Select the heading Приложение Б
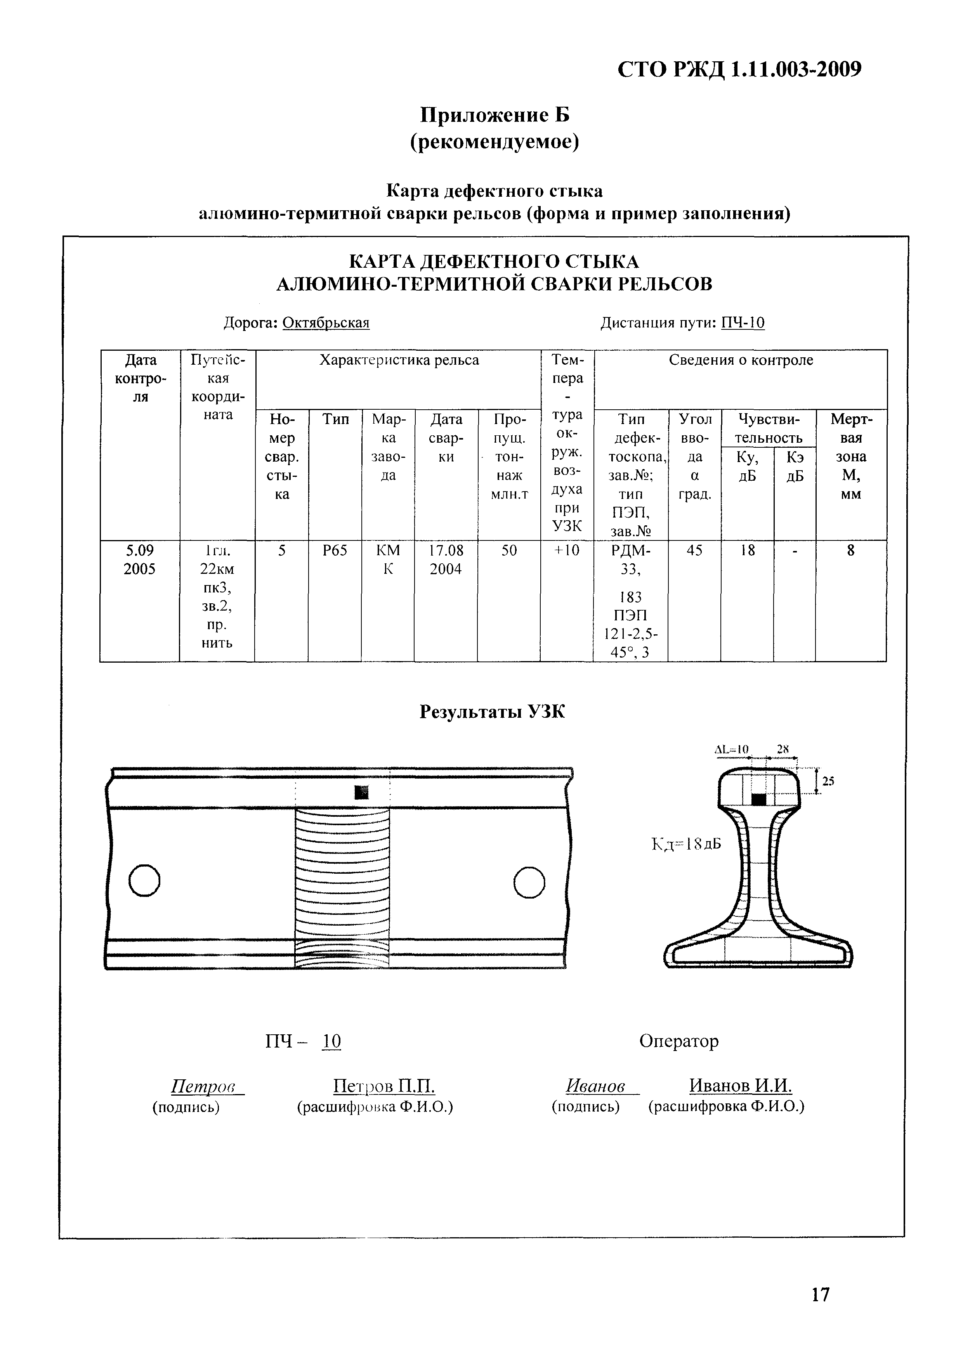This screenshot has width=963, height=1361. pyautogui.click(x=495, y=115)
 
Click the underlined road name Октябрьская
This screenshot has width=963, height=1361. pyautogui.click(x=326, y=323)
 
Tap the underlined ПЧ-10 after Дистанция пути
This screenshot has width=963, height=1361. pyautogui.click(x=743, y=323)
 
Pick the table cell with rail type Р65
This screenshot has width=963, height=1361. pyautogui.click(x=335, y=551)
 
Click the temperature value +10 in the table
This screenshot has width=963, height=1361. pyautogui.click(x=566, y=551)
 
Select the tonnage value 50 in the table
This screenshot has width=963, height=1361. pyautogui.click(x=509, y=551)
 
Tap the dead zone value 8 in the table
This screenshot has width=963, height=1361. pyautogui.click(x=850, y=551)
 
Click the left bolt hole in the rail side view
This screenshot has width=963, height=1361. pyautogui.click(x=144, y=881)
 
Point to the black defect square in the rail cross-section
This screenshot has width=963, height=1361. pyautogui.click(x=758, y=800)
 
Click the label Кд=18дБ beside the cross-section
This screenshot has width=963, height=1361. pyautogui.click(x=686, y=843)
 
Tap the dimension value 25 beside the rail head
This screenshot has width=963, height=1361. pyautogui.click(x=828, y=781)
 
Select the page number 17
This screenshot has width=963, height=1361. pyautogui.click(x=820, y=1295)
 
